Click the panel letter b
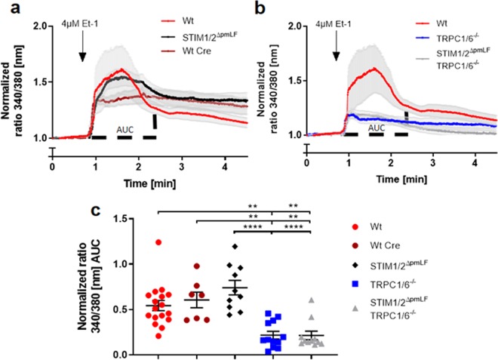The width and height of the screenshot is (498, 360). point(260,9)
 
